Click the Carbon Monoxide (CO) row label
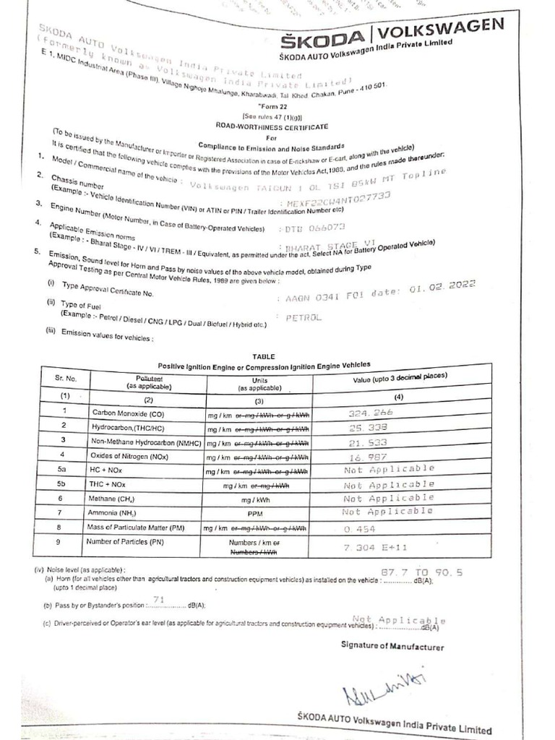(127, 413)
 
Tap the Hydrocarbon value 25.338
(369, 427)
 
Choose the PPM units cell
(259, 513)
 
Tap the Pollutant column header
(150, 382)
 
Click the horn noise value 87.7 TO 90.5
(421, 572)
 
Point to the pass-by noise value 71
(160, 598)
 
